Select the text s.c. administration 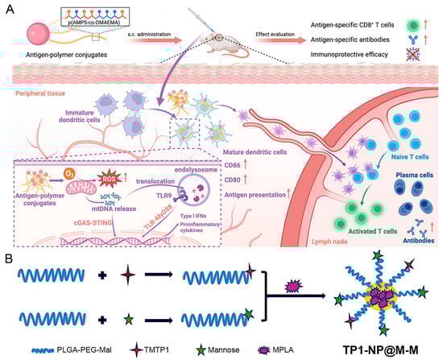(x=175, y=31)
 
